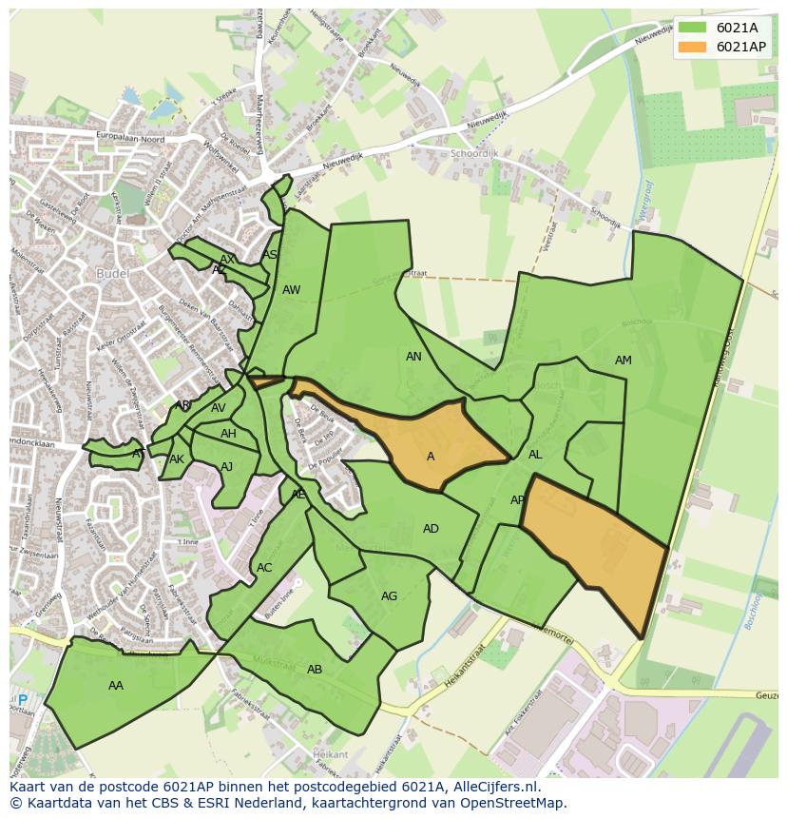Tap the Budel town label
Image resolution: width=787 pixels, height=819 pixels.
pyautogui.click(x=112, y=274)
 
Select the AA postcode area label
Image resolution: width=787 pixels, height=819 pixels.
pyautogui.click(x=116, y=685)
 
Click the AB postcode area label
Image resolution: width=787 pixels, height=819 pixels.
pyautogui.click(x=315, y=670)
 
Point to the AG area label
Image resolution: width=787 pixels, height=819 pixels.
pyautogui.click(x=389, y=596)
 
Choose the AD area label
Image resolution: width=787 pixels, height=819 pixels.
pyautogui.click(x=431, y=529)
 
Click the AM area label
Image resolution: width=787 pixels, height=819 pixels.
pyautogui.click(x=623, y=361)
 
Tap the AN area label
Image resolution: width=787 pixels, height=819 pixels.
pyautogui.click(x=413, y=357)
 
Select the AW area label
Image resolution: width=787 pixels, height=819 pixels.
pyautogui.click(x=291, y=290)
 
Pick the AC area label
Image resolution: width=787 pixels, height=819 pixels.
pyautogui.click(x=264, y=568)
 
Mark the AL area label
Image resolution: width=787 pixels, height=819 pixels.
pyautogui.click(x=535, y=455)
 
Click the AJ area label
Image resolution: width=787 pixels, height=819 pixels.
pyautogui.click(x=226, y=467)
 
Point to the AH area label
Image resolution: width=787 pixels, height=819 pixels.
pyautogui.click(x=228, y=434)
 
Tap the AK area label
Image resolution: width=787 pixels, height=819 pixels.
pyautogui.click(x=177, y=459)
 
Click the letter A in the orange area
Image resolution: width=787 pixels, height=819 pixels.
pyautogui.click(x=431, y=457)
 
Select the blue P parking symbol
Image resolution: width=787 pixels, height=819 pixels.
pyautogui.click(x=23, y=700)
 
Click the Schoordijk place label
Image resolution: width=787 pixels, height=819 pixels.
pyautogui.click(x=474, y=152)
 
